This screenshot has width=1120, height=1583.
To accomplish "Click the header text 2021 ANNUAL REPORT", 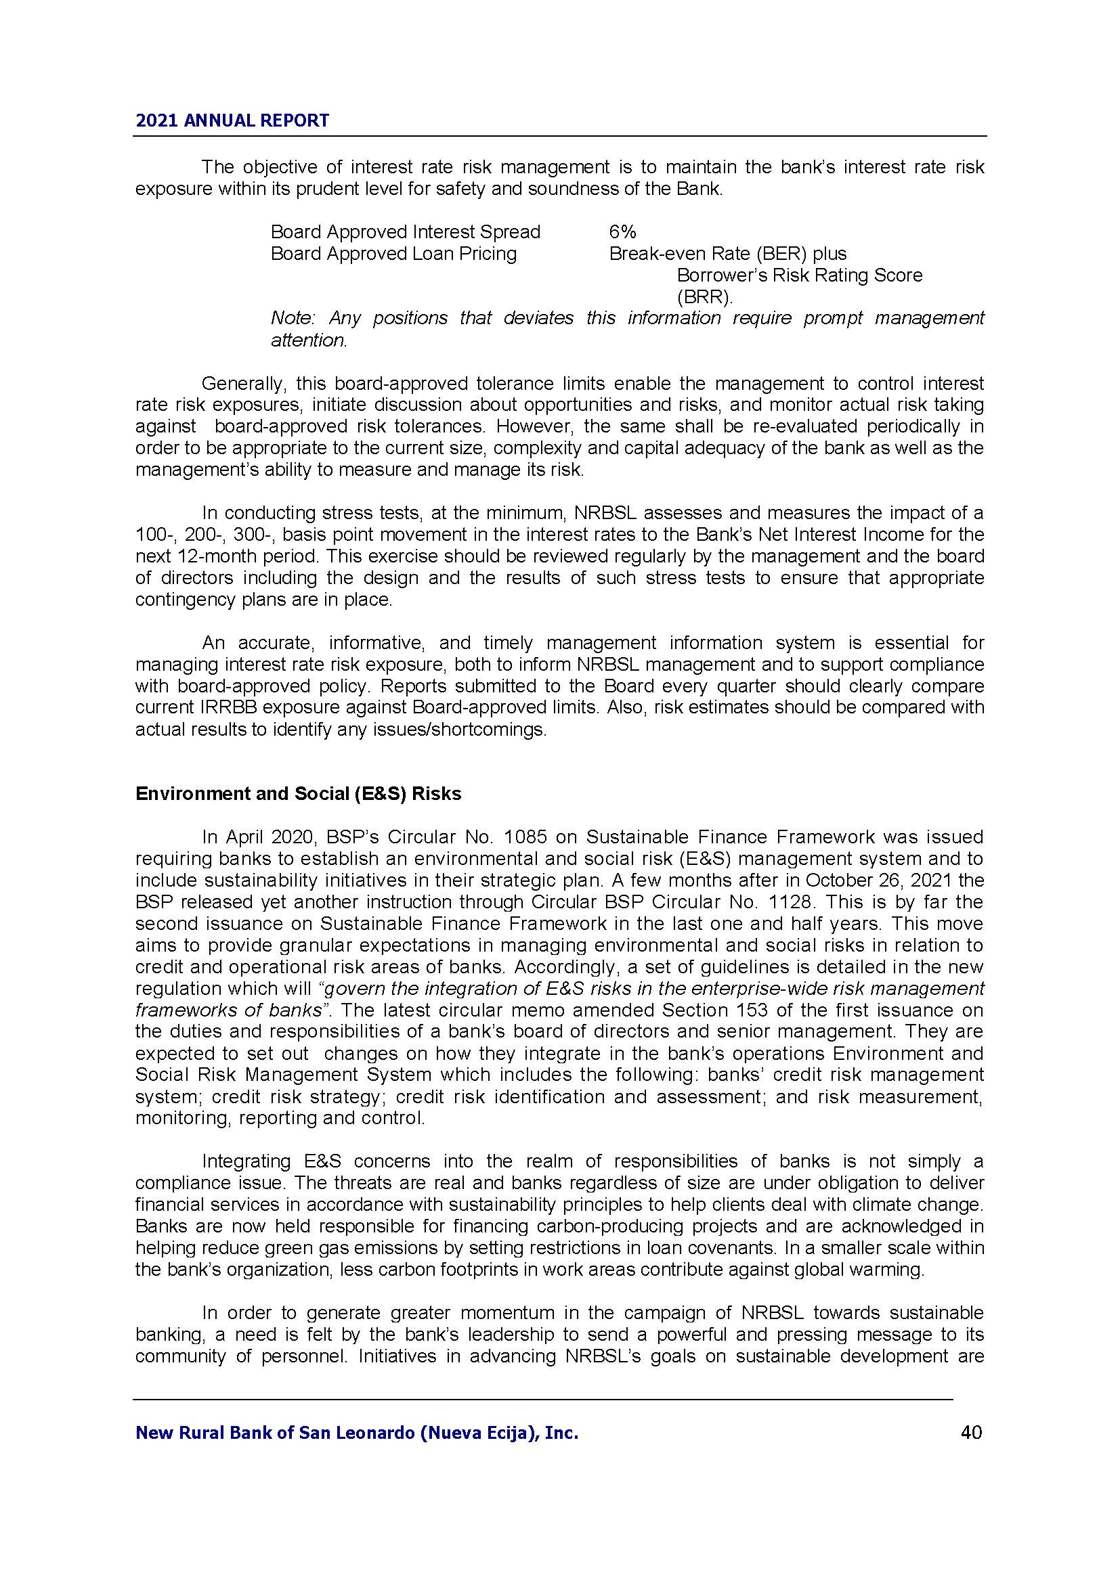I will [232, 120].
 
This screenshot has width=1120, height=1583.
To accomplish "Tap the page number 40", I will [971, 1433].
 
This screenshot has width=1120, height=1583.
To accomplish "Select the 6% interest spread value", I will [622, 231].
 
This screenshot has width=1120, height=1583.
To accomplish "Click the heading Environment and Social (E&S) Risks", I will [298, 794].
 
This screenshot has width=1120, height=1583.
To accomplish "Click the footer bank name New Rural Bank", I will [357, 1433].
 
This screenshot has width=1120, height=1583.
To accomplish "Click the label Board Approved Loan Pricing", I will [393, 254].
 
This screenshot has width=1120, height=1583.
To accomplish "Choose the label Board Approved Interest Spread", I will [406, 231].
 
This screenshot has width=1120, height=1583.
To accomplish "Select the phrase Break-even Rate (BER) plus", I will [727, 254].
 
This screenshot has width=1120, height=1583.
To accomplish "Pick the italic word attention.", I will [308, 340].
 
